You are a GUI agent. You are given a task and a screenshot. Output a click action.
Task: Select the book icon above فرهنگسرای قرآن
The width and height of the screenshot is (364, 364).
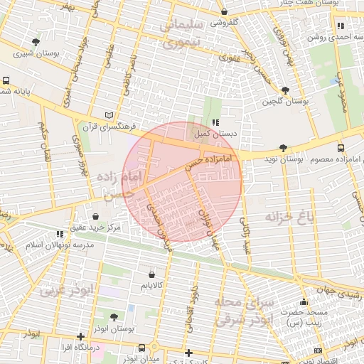click(x=109, y=114)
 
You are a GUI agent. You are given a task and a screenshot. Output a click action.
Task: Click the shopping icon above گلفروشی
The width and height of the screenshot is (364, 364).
click(x=224, y=12)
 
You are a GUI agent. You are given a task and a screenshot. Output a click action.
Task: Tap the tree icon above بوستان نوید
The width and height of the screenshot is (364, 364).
click(x=284, y=148)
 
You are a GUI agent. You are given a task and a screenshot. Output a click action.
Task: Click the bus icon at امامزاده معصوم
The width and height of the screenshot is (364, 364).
click(x=341, y=148)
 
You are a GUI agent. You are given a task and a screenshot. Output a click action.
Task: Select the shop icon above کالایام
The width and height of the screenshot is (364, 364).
click(x=151, y=275)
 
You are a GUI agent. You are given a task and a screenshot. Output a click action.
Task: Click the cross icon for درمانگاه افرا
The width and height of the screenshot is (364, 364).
click(x=80, y=336)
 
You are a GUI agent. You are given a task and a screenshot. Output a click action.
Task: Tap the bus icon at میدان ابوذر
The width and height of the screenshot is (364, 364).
click(x=142, y=348)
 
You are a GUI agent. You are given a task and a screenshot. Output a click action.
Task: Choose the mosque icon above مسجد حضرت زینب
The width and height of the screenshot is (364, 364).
click(x=304, y=301)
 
